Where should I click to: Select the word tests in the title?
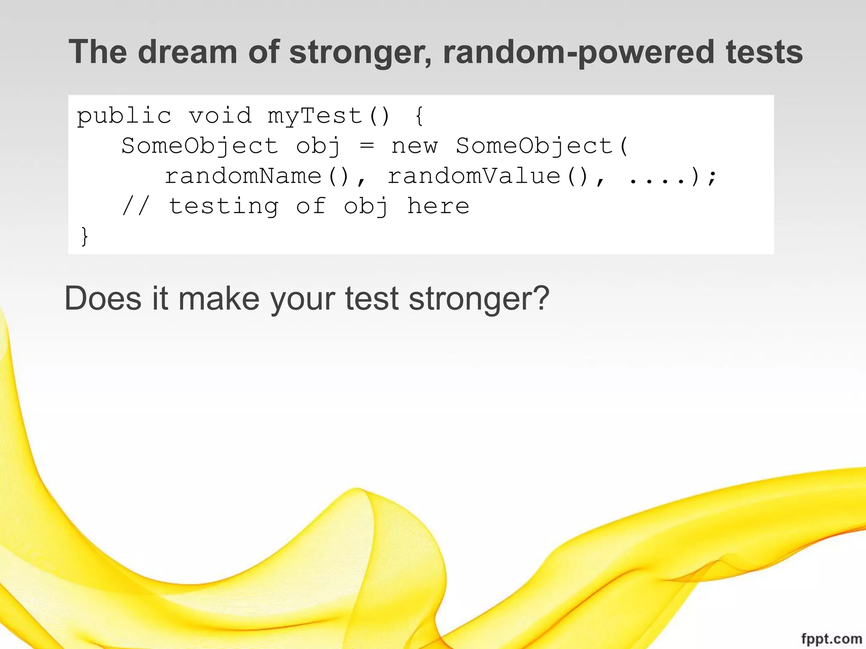pyautogui.click(x=764, y=52)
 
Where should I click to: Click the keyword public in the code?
pyautogui.click(x=124, y=116)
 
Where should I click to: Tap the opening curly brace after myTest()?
pyautogui.click(x=419, y=116)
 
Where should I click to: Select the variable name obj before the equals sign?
pyautogui.click(x=318, y=147)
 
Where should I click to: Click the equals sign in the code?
pyautogui.click(x=366, y=146)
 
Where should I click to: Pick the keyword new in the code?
pyautogui.click(x=414, y=147)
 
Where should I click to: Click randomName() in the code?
pyautogui.click(x=258, y=176)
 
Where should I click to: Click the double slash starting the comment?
pyautogui.click(x=136, y=206)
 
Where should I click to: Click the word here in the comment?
pyautogui.click(x=438, y=206)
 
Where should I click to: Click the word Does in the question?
pyautogui.click(x=103, y=298)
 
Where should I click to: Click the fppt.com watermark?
pyautogui.click(x=831, y=639)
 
